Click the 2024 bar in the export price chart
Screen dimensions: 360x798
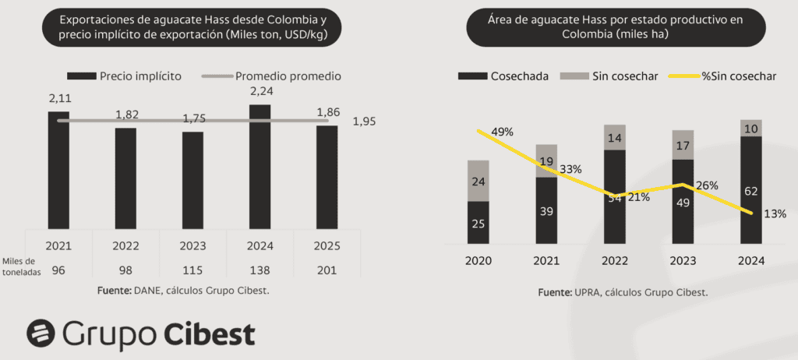[x=260, y=165]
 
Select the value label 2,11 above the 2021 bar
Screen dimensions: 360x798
[x=59, y=98]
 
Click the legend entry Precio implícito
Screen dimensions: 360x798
[x=125, y=76]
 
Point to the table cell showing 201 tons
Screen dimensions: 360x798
[x=327, y=270]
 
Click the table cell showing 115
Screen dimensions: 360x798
[x=192, y=270]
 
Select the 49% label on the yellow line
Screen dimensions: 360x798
[x=502, y=132]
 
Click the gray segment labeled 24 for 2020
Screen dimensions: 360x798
[x=478, y=181]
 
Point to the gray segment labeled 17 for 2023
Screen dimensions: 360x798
[x=683, y=145]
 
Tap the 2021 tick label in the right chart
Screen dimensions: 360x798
[x=546, y=259]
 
